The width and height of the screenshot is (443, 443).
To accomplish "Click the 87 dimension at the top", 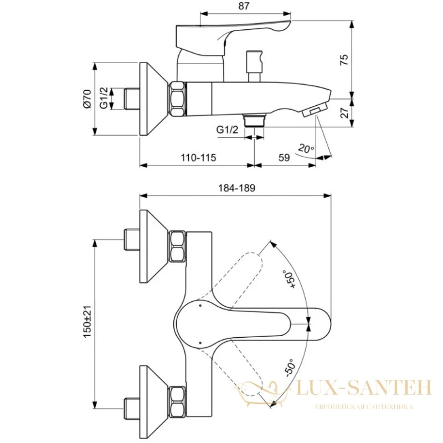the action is click(244, 6).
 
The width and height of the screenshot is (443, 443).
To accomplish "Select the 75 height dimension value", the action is click(344, 60).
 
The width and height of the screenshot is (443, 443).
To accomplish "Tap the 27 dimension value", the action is click(344, 112).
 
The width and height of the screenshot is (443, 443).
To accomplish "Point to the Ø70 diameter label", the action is click(87, 99).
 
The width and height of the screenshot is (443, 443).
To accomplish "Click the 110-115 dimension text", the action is click(198, 157).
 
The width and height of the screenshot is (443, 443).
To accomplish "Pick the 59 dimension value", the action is click(284, 157).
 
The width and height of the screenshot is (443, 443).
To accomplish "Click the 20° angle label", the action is click(306, 148).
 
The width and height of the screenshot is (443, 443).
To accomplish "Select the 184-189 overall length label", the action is click(237, 188).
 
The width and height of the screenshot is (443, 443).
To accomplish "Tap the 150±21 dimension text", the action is click(87, 322).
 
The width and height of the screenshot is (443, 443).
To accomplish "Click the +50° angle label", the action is click(290, 279).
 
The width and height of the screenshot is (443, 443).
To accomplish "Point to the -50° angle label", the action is click(290, 368).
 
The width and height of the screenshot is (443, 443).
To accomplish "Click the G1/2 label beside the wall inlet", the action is click(104, 98).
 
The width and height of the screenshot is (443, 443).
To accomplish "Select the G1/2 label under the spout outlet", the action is click(227, 130).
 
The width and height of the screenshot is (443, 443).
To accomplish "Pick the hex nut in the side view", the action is click(178, 99).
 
